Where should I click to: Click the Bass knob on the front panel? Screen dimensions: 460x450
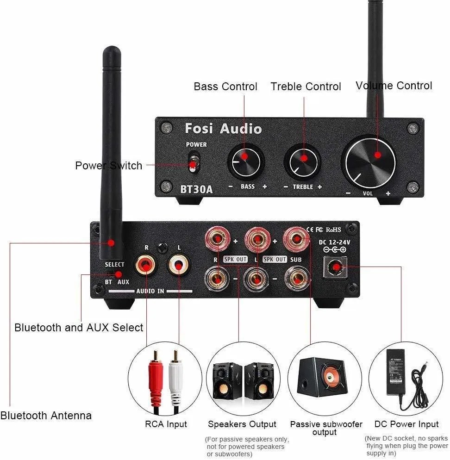[245, 162]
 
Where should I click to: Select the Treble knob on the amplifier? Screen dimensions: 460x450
[303, 162]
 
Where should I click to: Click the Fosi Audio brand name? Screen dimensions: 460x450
[223, 128]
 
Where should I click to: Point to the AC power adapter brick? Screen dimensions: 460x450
[402, 372]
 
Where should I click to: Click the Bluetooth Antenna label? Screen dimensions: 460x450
[46, 415]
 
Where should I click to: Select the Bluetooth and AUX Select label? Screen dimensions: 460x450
[79, 328]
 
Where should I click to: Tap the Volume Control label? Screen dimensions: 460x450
[394, 86]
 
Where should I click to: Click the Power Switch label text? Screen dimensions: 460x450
[108, 166]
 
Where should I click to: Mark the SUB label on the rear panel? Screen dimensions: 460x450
[296, 260]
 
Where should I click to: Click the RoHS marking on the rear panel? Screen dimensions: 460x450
[333, 229]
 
